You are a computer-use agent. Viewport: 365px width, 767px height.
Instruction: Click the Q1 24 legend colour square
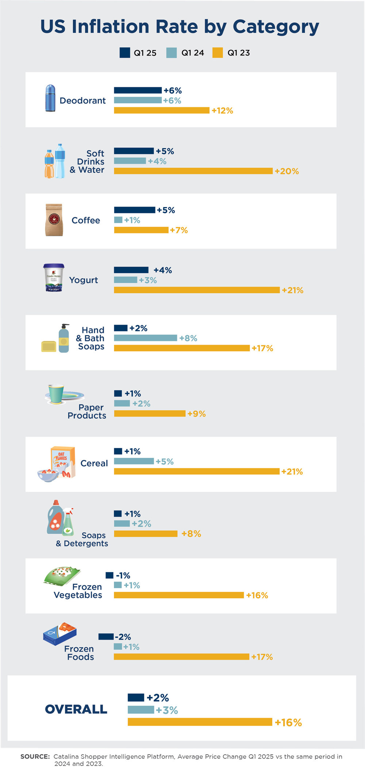171,53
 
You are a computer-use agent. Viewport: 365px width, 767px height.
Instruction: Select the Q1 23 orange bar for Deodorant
162,110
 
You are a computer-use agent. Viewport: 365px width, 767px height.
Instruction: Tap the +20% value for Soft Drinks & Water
287,171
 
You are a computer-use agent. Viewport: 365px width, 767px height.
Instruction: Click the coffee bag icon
54,220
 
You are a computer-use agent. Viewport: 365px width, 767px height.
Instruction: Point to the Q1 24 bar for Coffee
118,220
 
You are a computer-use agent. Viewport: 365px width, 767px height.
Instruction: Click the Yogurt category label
84,280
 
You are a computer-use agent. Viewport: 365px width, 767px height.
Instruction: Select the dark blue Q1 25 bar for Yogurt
131,270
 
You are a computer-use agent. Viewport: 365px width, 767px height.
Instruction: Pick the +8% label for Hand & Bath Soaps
188,338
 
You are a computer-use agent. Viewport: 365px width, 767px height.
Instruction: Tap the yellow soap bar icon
49,346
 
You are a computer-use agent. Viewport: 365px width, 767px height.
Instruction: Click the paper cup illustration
56,394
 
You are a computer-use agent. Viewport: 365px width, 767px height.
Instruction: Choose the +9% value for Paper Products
196,414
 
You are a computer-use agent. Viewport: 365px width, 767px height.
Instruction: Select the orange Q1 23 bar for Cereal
197,471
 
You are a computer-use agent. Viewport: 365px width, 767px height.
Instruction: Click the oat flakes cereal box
63,460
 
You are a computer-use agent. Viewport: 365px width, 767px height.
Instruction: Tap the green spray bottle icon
68,523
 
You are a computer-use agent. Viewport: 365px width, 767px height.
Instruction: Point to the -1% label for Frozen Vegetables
123,575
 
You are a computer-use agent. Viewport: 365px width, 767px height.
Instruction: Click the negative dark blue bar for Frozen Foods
106,637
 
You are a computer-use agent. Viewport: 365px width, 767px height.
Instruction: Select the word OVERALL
76,709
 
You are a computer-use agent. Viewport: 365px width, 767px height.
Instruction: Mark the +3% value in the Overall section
167,710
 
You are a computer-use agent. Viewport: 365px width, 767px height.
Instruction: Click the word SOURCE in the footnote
35,756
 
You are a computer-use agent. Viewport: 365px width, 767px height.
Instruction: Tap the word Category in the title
276,27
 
